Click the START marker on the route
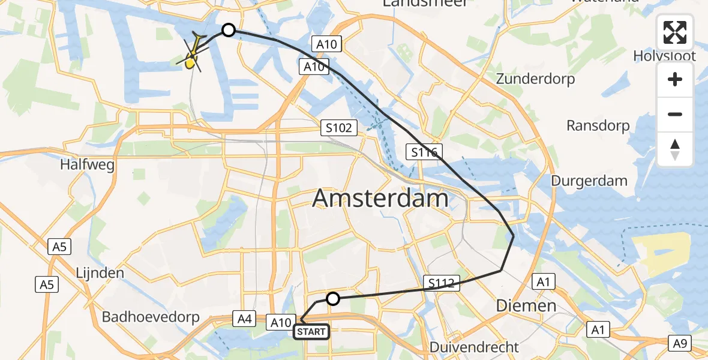coord(311,332)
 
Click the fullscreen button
coord(675,32)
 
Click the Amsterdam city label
coord(380,198)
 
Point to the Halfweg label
coord(88,165)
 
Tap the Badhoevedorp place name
coord(151,317)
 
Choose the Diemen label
coord(518,306)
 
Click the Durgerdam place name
coord(589,181)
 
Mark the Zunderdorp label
coord(536,79)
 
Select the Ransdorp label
coord(598,126)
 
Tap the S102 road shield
coord(339,128)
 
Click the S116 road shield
coord(424,152)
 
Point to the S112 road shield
coord(442,283)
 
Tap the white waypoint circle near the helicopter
coord(228,30)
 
